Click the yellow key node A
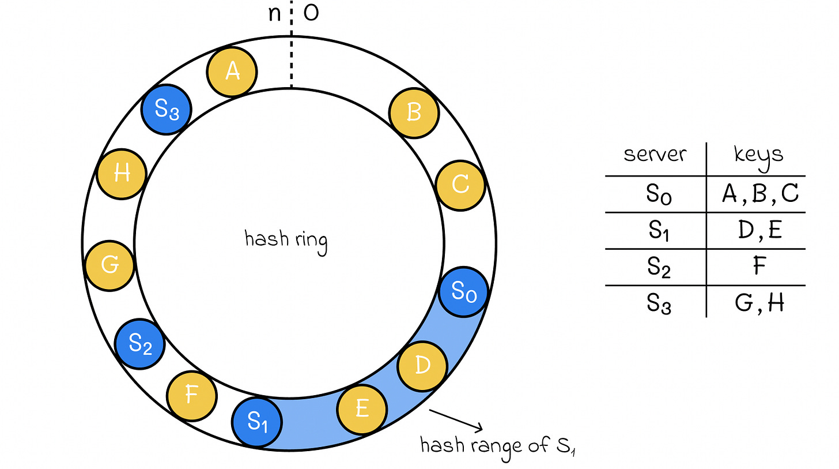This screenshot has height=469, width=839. click(x=232, y=72)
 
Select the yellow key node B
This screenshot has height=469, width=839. click(x=414, y=113)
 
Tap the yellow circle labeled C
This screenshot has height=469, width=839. click(x=460, y=185)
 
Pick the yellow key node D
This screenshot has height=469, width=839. click(x=423, y=366)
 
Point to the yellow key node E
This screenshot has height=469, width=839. click(x=362, y=409)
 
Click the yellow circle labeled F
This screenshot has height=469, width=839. click(x=192, y=396)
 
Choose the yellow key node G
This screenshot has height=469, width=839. click(x=110, y=266)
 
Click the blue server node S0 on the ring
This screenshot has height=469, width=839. click(x=463, y=292)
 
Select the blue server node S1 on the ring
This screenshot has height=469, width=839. click(x=258, y=423)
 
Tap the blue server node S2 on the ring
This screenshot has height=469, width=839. click(x=140, y=344)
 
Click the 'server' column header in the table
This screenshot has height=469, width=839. click(x=655, y=154)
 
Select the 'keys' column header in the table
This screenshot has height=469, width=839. click(x=758, y=154)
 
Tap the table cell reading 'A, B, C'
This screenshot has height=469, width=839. click(x=759, y=194)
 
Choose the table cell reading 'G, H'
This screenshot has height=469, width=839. click(x=759, y=303)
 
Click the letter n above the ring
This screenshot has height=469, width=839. click(x=275, y=13)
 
